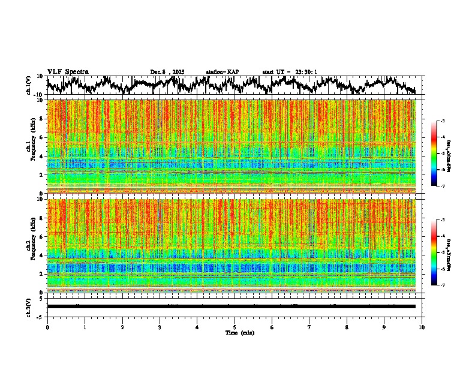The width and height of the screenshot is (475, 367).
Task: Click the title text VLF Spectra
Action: click(68, 72)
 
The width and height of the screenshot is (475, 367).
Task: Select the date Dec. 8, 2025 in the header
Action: click(167, 72)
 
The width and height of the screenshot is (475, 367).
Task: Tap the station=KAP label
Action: click(222, 72)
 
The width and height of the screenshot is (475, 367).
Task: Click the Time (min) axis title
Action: click(239, 332)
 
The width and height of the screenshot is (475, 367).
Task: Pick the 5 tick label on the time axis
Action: click(235, 327)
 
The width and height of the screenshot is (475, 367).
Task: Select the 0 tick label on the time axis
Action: click(47, 327)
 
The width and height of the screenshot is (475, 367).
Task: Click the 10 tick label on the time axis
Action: click(422, 327)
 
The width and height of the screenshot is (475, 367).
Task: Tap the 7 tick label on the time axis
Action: click(309, 327)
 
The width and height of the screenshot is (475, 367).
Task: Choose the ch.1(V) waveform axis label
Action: click(29, 85)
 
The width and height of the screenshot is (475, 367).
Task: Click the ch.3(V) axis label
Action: click(29, 306)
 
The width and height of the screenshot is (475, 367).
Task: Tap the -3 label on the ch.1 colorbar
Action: click(443, 122)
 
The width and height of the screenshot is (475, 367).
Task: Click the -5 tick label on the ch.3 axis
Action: click(40, 316)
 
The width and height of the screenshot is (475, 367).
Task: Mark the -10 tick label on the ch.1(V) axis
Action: click(39, 95)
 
